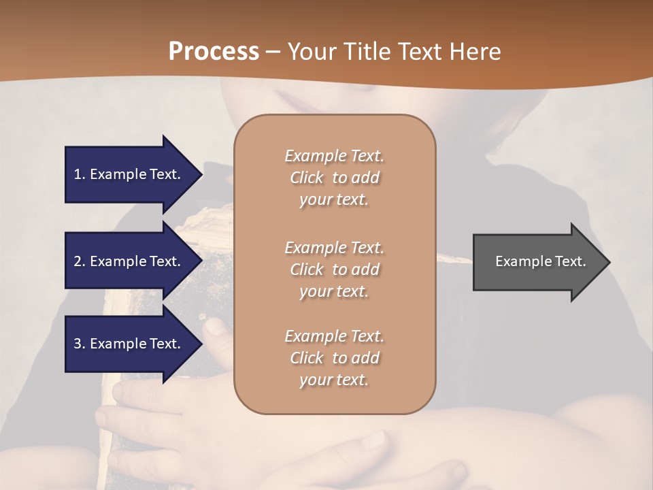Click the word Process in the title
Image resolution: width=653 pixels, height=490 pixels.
coord(214,52)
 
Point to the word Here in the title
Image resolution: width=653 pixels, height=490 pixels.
coord(475,52)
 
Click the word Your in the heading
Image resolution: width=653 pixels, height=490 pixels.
coord(313,52)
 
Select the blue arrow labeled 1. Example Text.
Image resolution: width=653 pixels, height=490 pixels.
coord(129,174)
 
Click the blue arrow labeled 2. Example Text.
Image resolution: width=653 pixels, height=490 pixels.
coord(129,261)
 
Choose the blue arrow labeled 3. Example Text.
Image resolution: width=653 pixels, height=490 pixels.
coord(129,344)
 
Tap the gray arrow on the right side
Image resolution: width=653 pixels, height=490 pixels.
coord(537,262)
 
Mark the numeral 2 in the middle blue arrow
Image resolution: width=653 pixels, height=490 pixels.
coord(78,261)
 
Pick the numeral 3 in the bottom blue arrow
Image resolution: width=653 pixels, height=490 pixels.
coord(78,344)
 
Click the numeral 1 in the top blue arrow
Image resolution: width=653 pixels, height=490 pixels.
coord(78,174)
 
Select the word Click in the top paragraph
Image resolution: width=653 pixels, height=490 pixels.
coord(307,178)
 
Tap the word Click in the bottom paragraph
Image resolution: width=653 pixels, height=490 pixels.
coord(307,359)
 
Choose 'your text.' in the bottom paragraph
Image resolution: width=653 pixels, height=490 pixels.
coord(334,380)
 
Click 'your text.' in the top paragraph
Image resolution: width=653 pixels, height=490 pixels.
coord(334,200)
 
